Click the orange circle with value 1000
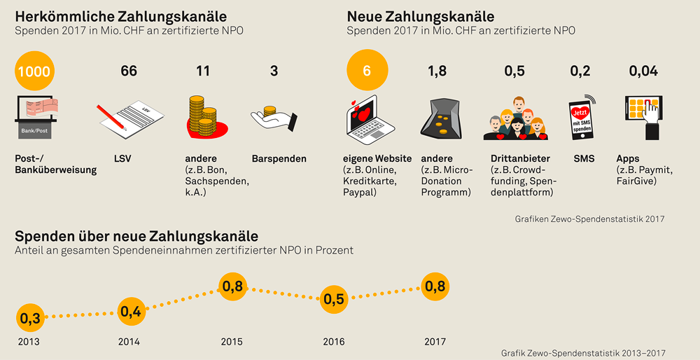(34, 71)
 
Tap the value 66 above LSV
(129, 71)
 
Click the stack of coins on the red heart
(203, 117)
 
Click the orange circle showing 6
(366, 71)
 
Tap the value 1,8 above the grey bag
(437, 71)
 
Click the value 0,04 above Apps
(643, 71)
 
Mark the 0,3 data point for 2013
(29, 319)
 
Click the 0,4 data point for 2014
(131, 312)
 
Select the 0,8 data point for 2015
(233, 286)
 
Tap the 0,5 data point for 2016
(334, 299)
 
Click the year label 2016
(334, 342)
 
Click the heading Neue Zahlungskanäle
(420, 16)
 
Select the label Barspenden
(279, 159)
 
